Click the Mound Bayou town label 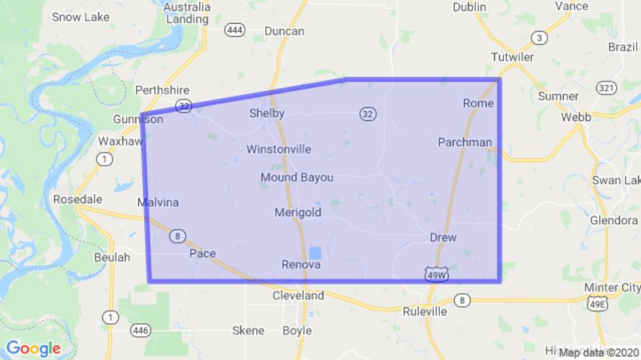tap(297, 177)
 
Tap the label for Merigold tap(297, 212)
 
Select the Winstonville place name tap(279, 150)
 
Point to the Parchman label tap(465, 142)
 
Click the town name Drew tap(443, 237)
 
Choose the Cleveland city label tap(297, 295)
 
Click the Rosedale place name tap(78, 199)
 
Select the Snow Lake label tap(80, 17)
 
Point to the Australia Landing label tap(187, 13)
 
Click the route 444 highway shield tap(235, 30)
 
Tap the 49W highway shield tap(435, 274)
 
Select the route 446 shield tap(140, 330)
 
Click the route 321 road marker tap(606, 87)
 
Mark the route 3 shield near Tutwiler tap(538, 37)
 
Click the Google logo tap(33, 349)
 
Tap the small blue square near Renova tap(315, 253)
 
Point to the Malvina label tap(158, 203)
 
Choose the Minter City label tap(611, 288)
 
